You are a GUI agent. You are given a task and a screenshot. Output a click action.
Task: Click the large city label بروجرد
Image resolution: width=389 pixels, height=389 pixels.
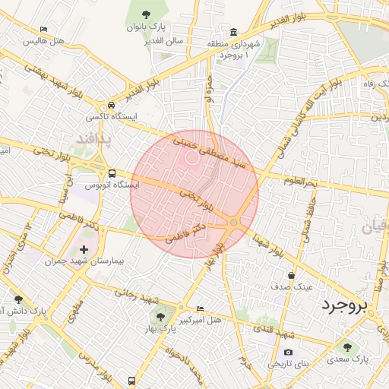pos(343,305)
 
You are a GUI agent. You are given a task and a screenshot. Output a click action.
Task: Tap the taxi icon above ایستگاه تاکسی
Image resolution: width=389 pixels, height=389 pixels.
pos(112,105)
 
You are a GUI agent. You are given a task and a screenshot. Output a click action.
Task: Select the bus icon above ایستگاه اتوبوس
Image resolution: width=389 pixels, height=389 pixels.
pos(112,173)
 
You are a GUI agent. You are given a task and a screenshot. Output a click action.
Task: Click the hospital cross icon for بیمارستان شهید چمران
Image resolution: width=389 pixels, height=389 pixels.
pos(84,249)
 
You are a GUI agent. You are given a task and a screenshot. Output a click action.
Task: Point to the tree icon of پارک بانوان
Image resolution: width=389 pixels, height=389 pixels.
pos(146,13)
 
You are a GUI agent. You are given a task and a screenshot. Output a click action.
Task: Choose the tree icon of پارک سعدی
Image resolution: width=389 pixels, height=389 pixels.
pos(348,346)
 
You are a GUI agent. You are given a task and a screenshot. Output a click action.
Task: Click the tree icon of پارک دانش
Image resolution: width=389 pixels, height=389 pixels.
pos(18,299)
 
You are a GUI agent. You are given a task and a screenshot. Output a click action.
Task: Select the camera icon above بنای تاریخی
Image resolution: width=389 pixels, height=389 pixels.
pos(288,353)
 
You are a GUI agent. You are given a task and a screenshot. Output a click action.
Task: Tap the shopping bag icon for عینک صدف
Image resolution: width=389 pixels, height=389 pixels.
pos(292,275)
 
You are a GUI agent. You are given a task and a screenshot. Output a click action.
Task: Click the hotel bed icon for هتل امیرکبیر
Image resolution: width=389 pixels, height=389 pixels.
pos(200,309)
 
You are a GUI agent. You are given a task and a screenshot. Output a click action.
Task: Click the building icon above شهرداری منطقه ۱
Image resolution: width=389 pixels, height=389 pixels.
pos(232,32)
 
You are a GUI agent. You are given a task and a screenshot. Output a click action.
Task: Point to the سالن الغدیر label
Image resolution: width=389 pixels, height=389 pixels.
pos(168,40)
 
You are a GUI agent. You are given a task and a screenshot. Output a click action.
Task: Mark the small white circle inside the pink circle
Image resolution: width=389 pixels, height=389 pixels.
pos(192,158)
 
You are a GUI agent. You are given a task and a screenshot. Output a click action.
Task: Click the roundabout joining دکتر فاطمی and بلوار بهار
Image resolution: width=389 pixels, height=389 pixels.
pos(235,222)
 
